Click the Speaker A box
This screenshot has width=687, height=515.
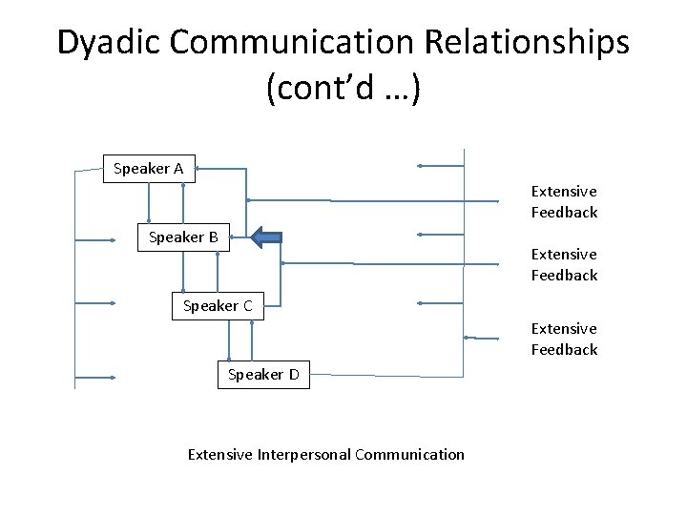tap(149, 169)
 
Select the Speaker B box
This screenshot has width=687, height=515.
tap(183, 237)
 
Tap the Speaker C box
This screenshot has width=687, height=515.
tap(218, 306)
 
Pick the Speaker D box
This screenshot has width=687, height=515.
tap(262, 375)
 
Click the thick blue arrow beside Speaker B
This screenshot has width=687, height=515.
tap(266, 237)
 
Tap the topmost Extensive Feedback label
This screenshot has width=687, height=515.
tap(564, 202)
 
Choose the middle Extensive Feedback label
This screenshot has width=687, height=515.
tap(564, 265)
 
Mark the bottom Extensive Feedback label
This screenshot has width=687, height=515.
tap(564, 340)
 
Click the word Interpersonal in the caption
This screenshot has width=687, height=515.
tap(303, 455)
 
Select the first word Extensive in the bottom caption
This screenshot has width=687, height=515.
tap(219, 455)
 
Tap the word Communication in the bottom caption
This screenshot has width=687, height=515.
tap(409, 455)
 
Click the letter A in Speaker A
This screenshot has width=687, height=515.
tap(177, 169)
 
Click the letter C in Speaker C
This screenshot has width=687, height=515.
tap(247, 306)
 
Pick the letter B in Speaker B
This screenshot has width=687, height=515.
tap(213, 237)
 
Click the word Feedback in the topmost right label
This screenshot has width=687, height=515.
tap(564, 213)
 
